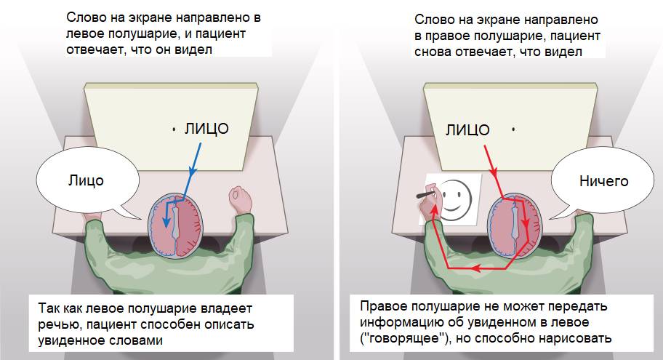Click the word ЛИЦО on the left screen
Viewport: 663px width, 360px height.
tap(207, 129)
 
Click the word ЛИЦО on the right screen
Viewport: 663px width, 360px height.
tap(467, 130)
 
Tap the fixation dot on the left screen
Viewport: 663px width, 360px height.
tap(174, 129)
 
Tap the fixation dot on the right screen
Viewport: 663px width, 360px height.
tap(513, 129)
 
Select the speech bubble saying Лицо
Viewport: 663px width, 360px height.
tap(85, 180)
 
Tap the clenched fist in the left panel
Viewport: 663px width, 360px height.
tap(240, 198)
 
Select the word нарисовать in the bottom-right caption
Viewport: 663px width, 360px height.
tap(579, 337)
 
